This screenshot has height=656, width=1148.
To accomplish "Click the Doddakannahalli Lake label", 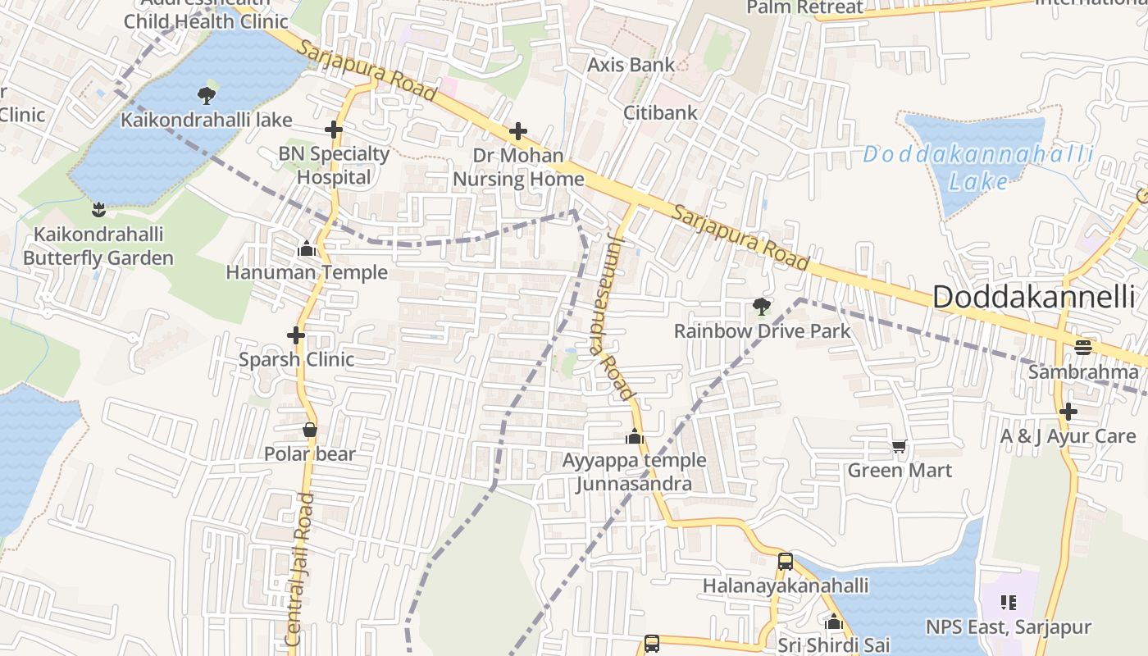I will click(x=977, y=166).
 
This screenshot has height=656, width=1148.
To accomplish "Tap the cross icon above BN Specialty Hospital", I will click(x=333, y=130).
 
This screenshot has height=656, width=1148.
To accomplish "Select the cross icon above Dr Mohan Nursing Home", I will click(x=518, y=131).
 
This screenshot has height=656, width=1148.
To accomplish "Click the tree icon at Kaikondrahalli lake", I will click(x=206, y=95).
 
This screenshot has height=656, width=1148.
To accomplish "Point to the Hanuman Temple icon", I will click(x=307, y=248).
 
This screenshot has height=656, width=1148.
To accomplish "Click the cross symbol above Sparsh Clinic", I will click(x=296, y=335).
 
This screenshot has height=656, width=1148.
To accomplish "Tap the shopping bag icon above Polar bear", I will click(x=310, y=430).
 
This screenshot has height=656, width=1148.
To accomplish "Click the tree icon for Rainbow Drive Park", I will click(x=762, y=307).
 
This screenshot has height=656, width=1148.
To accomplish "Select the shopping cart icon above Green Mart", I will click(x=900, y=447).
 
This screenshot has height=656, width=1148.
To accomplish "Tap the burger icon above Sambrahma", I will click(x=1083, y=347).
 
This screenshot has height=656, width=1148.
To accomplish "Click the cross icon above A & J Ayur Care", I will click(x=1068, y=412).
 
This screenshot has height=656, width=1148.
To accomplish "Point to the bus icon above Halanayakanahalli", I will click(x=785, y=562).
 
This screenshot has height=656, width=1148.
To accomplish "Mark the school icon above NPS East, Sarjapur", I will click(x=1009, y=604).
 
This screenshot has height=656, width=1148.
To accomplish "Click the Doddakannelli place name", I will click(x=1034, y=298).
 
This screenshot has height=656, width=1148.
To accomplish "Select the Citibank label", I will click(x=660, y=112).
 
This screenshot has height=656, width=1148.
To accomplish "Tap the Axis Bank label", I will click(x=631, y=64).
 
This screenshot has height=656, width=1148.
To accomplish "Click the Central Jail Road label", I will click(x=301, y=570).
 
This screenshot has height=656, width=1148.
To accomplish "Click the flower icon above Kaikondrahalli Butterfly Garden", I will click(x=98, y=209).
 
